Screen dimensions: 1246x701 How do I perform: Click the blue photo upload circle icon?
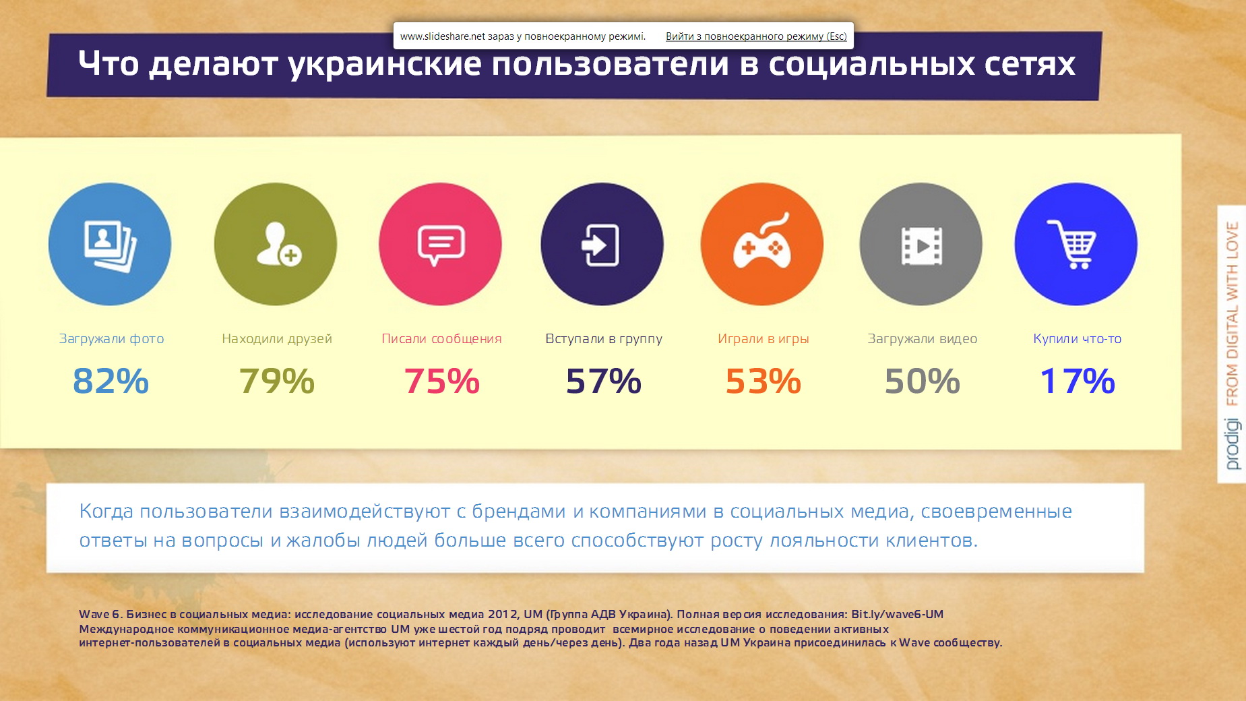110,244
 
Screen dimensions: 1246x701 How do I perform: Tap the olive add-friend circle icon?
276,244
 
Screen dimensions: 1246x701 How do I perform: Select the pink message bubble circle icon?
440,244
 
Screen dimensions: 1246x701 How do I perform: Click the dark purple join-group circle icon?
602,244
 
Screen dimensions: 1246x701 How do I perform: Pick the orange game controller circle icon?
762,244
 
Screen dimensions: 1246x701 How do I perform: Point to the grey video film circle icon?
921,244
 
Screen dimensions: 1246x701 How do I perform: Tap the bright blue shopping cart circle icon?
1076,244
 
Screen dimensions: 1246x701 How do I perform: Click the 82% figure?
111,381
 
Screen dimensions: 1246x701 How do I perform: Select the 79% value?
277,381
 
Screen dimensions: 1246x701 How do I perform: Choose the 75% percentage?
441,381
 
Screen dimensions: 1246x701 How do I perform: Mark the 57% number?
604,381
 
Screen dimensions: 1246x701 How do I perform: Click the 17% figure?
1078,381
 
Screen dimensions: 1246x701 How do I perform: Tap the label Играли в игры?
764,339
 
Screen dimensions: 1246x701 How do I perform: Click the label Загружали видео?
923,339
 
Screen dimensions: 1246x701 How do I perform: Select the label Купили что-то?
1078,339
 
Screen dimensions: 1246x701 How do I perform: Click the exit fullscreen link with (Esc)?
756,36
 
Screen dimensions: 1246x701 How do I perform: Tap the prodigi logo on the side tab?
1233,444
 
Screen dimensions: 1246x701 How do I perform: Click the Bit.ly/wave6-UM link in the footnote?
897,614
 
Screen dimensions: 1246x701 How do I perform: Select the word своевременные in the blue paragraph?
996,512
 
